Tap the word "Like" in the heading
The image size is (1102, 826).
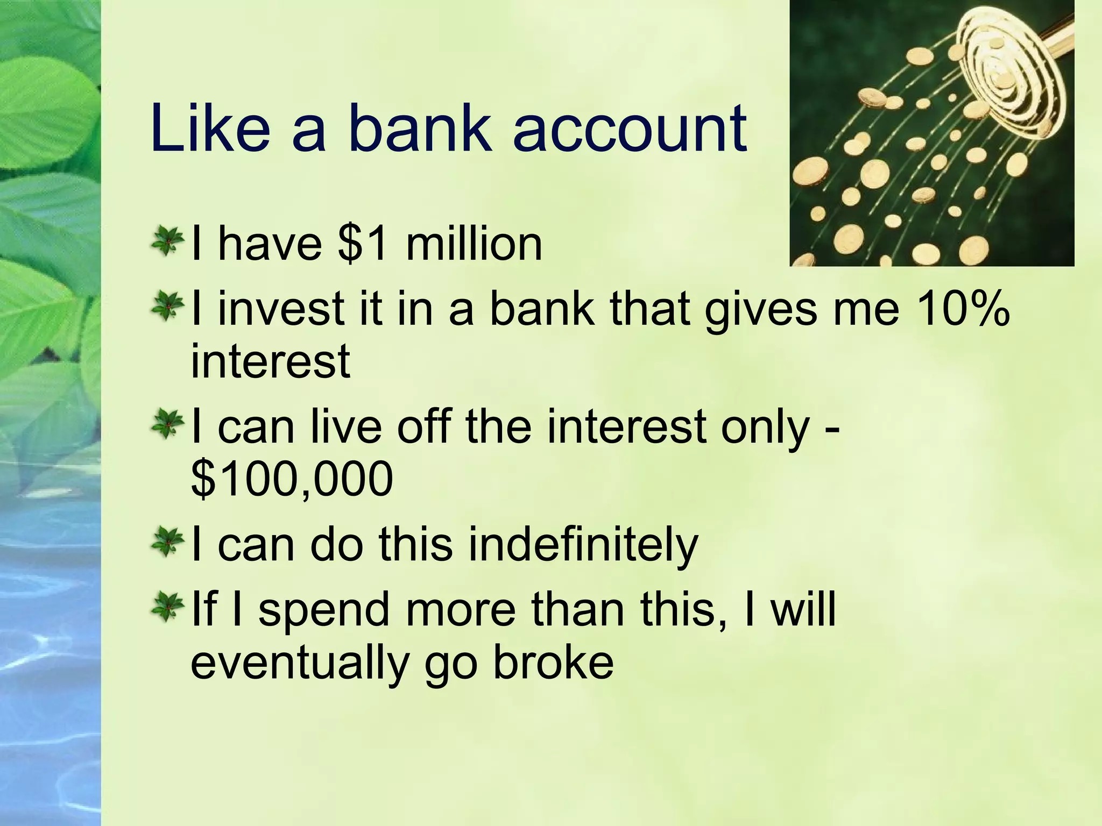210,129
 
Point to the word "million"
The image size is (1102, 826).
474,245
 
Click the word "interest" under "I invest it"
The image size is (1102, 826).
271,361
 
